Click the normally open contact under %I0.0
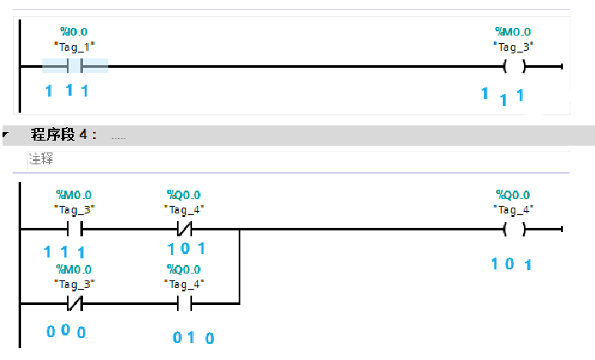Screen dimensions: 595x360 74,66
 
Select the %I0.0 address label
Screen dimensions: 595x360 74,31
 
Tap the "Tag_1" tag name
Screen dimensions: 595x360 74,46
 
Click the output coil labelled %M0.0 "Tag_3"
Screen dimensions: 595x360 514,66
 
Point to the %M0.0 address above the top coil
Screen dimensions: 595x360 514,31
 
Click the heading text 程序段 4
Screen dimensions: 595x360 64,135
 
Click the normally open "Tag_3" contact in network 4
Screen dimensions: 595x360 74,229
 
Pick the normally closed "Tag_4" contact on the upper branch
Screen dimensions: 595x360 185,229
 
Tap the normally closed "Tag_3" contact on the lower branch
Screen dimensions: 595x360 74,302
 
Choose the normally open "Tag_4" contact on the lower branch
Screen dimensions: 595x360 185,302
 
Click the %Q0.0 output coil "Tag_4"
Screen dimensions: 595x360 514,229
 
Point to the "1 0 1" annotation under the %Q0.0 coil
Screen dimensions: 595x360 511,264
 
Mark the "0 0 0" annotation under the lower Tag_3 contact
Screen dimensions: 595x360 66,332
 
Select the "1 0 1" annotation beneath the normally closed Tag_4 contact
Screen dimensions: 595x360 186,249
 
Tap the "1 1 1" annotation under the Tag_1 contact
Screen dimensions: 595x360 66,89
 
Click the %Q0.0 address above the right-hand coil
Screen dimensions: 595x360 514,195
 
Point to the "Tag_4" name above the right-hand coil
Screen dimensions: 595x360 514,209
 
